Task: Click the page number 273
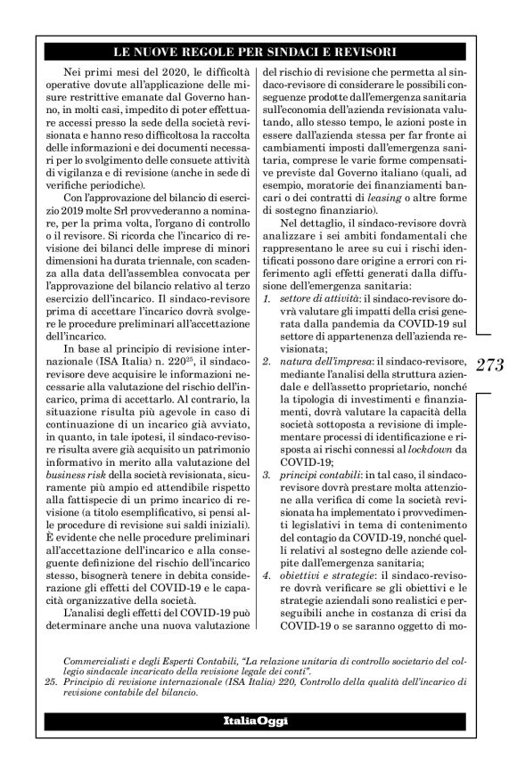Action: [490, 365]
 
